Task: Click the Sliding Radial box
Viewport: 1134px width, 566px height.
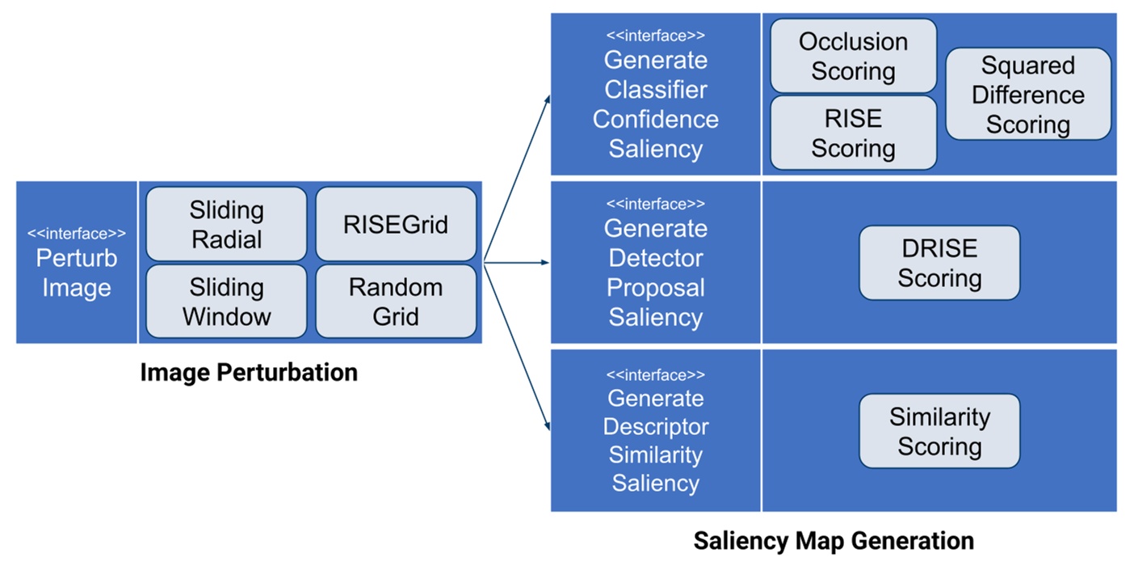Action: click(226, 224)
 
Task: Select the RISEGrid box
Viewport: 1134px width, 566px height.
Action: click(395, 224)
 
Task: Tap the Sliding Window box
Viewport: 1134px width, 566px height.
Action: click(226, 302)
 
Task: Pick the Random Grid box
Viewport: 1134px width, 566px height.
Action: click(395, 302)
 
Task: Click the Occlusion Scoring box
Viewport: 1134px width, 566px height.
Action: click(853, 56)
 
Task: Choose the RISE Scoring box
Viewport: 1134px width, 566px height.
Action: click(853, 133)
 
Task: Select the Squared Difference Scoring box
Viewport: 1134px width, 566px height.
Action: click(1027, 94)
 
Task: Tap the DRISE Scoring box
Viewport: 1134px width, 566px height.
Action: click(939, 263)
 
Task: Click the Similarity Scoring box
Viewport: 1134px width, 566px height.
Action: click(939, 431)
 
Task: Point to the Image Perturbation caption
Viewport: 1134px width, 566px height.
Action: click(249, 372)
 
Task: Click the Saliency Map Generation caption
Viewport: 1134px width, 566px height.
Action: click(834, 540)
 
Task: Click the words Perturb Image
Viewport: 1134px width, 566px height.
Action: click(77, 273)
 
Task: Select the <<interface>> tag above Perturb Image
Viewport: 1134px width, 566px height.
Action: click(77, 234)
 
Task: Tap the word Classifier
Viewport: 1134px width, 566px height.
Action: click(655, 90)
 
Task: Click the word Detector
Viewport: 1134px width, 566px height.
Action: click(655, 259)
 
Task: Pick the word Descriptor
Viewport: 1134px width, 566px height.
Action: click(655, 427)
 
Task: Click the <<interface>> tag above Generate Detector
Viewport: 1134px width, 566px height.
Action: click(655, 204)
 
